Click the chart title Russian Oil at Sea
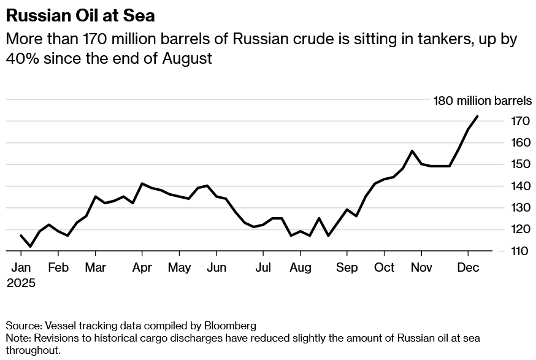(80, 15)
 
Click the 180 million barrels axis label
(483, 101)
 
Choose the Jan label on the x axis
(21, 268)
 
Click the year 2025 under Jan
(21, 283)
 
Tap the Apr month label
(142, 268)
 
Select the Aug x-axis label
(301, 268)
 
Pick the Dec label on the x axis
(468, 268)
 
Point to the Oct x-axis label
(384, 268)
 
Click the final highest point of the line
(477, 117)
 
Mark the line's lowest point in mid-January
(30, 246)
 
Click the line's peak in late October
(412, 151)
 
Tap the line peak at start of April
(142, 183)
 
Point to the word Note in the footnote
(17, 338)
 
